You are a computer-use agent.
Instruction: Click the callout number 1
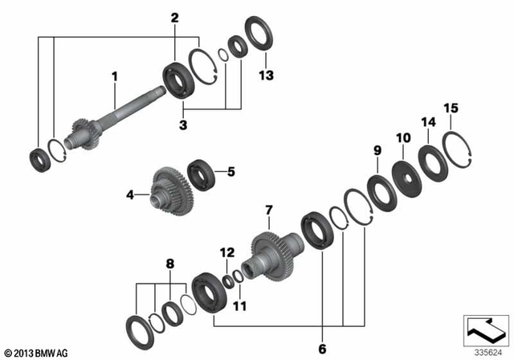pos(115,76)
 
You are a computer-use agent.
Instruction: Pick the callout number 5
pos(230,171)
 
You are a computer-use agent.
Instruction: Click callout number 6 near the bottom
pos(322,350)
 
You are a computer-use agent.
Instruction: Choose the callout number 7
pos(269,211)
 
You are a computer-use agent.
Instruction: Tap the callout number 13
pos(266,76)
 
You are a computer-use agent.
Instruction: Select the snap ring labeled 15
pos(455,149)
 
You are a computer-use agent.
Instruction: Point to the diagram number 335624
pos(487,351)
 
